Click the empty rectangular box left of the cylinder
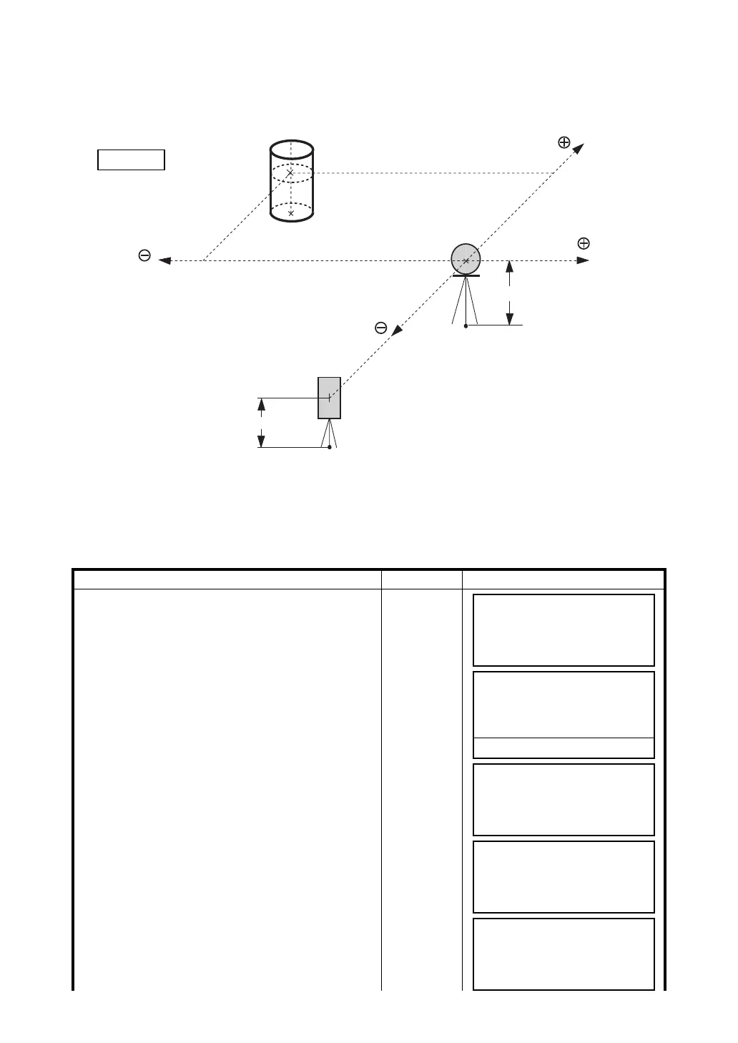pyautogui.click(x=131, y=160)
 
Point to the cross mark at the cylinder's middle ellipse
pyautogui.click(x=290, y=173)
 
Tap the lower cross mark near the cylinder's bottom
pyautogui.click(x=290, y=213)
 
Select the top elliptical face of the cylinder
pyautogui.click(x=291, y=150)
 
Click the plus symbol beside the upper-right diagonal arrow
pyautogui.click(x=564, y=142)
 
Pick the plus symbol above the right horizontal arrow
pyautogui.click(x=584, y=243)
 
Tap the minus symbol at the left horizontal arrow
pyautogui.click(x=144, y=255)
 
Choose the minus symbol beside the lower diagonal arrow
pyautogui.click(x=381, y=328)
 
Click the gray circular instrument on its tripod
pyautogui.click(x=466, y=259)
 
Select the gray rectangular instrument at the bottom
pyautogui.click(x=329, y=397)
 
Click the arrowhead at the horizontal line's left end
pyautogui.click(x=164, y=260)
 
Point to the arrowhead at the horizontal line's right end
pyautogui.click(x=584, y=260)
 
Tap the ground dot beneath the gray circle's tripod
pyautogui.click(x=466, y=325)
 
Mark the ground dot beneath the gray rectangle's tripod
pyautogui.click(x=329, y=447)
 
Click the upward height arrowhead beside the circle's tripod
pyautogui.click(x=509, y=266)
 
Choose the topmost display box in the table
pyautogui.click(x=564, y=630)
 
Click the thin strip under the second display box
pyautogui.click(x=564, y=748)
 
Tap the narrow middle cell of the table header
pyautogui.click(x=422, y=579)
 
